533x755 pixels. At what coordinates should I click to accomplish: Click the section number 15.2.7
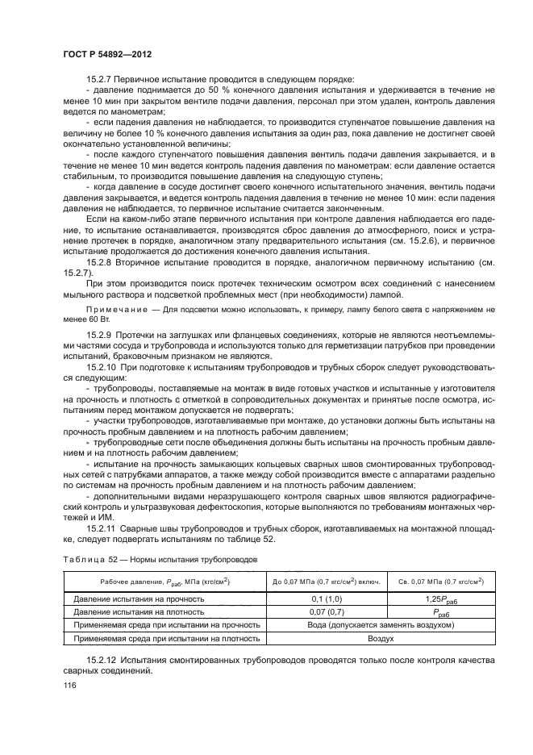click(102, 78)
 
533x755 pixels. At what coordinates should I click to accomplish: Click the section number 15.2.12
click(105, 660)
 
